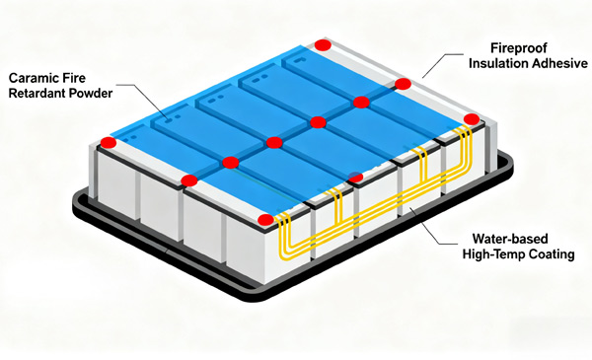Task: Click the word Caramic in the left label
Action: [35, 78]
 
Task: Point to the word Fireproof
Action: [519, 48]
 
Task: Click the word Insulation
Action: [498, 63]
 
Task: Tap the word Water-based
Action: [510, 239]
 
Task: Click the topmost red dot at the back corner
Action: [323, 45]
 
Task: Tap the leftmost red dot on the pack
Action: [109, 143]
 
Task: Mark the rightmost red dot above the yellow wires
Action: [472, 119]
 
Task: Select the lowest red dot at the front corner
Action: [265, 220]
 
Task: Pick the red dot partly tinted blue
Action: [355, 177]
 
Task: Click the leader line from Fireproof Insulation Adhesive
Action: [442, 64]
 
